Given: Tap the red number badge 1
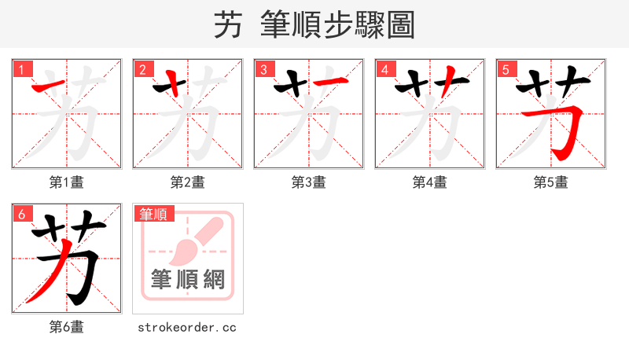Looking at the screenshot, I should [x=21, y=69].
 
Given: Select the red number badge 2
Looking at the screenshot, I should [x=142, y=69].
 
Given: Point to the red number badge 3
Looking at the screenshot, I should [x=263, y=69].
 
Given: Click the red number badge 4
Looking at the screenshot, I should [x=384, y=69].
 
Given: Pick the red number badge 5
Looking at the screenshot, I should [x=506, y=69].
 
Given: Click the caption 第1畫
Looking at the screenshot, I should [x=67, y=182].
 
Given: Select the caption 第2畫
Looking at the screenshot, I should [x=188, y=182].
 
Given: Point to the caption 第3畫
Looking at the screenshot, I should [x=309, y=182].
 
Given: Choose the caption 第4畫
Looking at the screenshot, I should [x=430, y=182].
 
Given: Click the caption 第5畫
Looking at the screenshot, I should [x=551, y=182].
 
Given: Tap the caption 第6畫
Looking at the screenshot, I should [x=67, y=327].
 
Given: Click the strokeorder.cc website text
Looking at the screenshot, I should [x=187, y=327].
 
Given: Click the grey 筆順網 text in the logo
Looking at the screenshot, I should [x=188, y=279].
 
